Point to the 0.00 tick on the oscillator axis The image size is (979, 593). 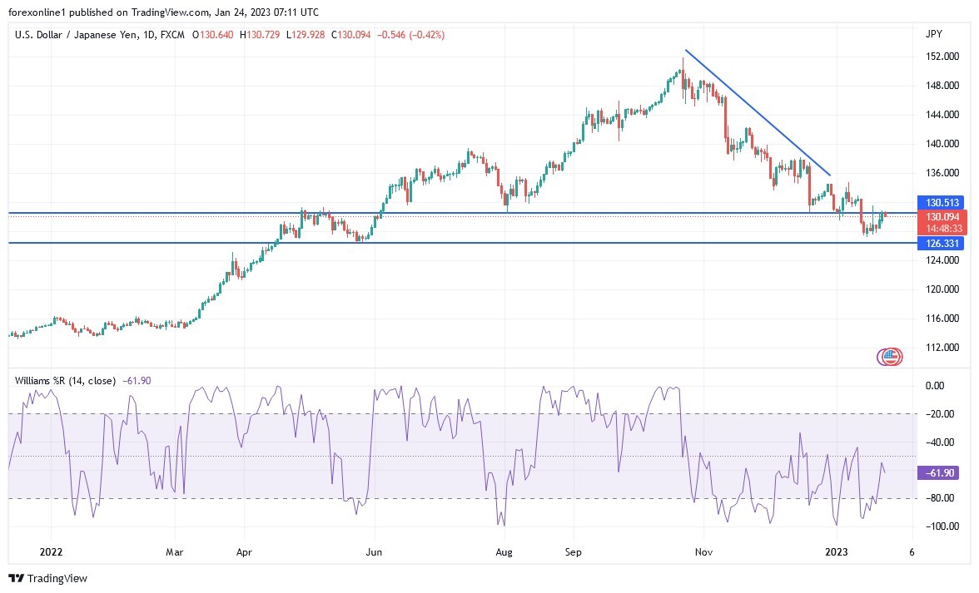(935, 386)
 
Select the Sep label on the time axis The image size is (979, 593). (573, 551)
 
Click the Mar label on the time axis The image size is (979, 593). (175, 551)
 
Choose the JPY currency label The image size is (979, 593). (933, 34)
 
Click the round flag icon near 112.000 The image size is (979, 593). (891, 357)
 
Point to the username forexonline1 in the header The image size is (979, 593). (39, 12)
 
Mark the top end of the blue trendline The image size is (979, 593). (685, 51)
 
